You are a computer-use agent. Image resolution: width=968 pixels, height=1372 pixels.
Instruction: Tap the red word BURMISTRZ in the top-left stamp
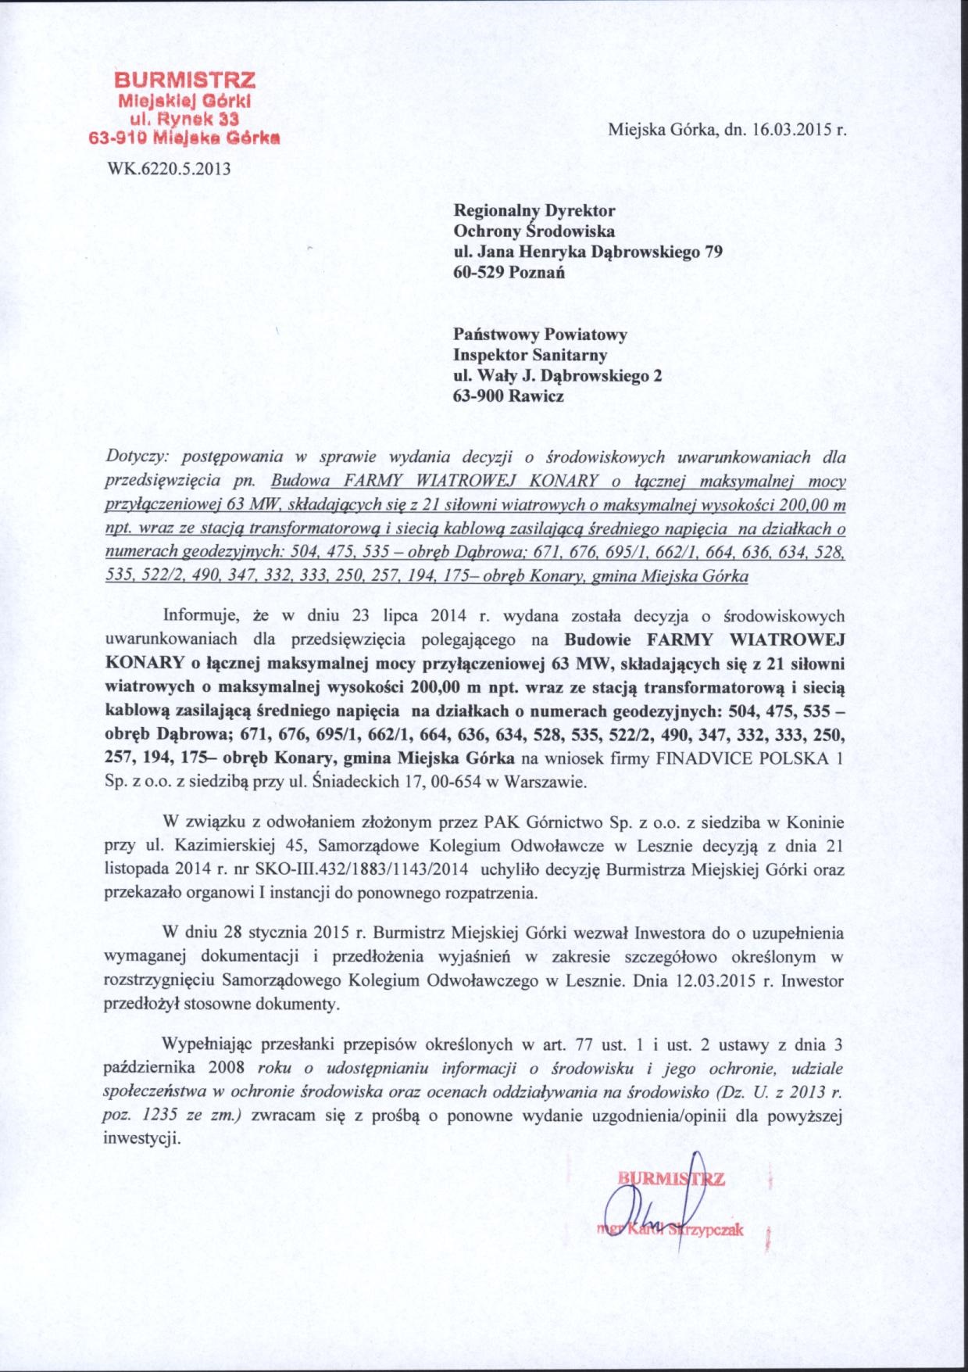[184, 80]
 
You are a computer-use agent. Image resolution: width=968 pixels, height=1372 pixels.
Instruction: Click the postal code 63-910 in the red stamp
[115, 138]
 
